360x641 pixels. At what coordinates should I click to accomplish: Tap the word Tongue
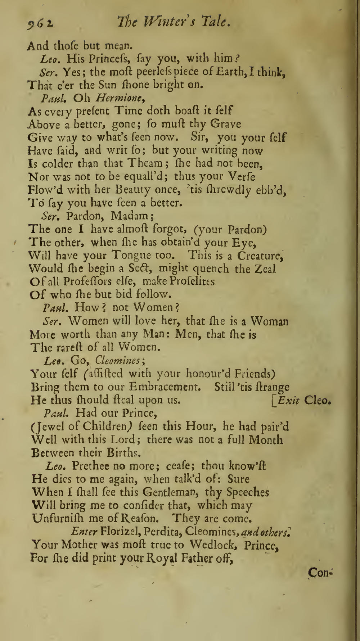(132, 255)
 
